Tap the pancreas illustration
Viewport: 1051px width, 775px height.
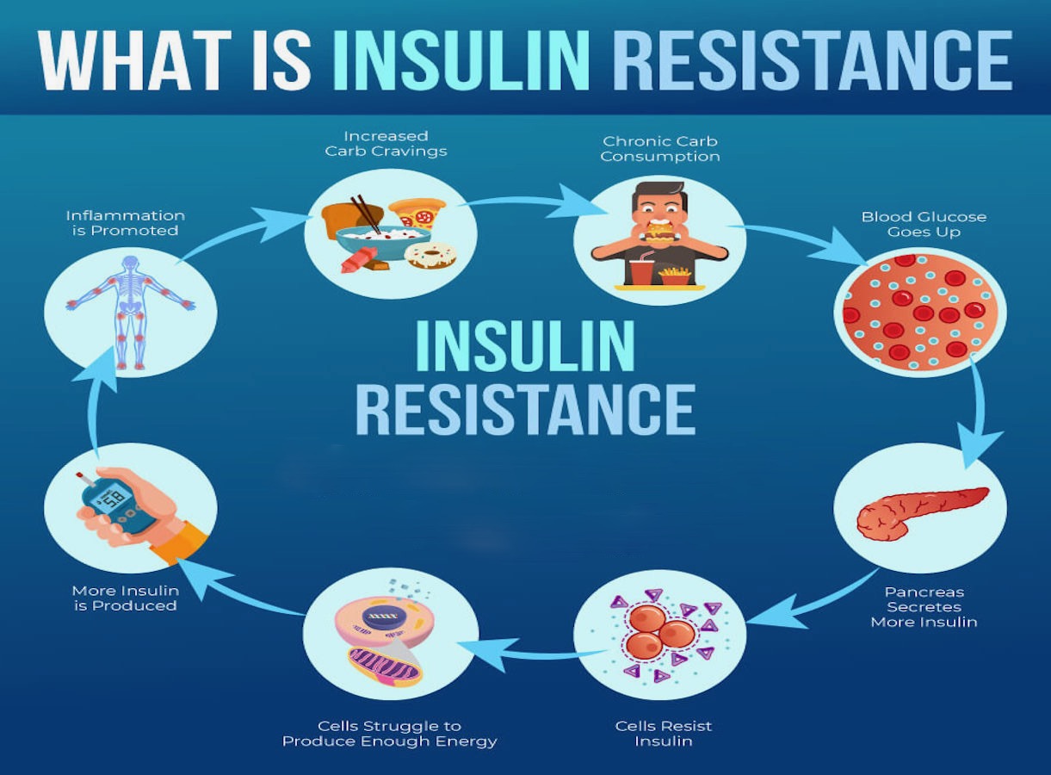click(923, 513)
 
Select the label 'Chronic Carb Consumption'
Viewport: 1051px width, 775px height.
click(660, 149)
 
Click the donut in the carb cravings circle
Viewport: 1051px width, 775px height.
click(430, 256)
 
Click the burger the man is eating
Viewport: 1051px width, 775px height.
click(660, 231)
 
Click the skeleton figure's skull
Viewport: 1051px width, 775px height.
click(131, 263)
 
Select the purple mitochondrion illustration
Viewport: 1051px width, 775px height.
click(385, 666)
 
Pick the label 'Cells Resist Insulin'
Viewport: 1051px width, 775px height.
click(664, 734)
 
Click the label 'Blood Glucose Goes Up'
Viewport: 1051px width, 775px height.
click(924, 225)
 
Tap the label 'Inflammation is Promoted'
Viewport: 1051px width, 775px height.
click(126, 223)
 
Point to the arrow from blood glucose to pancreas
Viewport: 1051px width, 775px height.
click(979, 413)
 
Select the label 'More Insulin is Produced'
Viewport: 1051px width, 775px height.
click(126, 598)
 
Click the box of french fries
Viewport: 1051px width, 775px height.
click(675, 276)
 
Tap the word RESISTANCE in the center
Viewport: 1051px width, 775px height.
click(525, 409)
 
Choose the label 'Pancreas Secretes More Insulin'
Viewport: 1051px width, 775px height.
click(924, 607)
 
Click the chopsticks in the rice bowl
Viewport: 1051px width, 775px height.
click(365, 214)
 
